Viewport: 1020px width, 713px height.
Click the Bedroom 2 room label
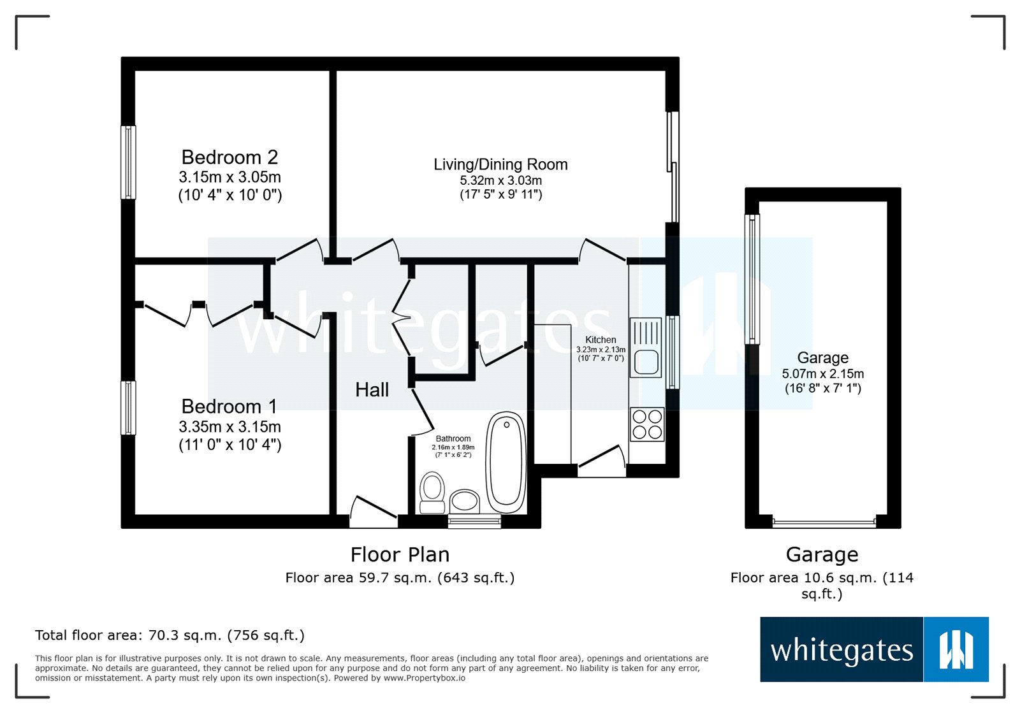pyautogui.click(x=229, y=157)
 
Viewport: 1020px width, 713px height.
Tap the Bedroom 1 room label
pyautogui.click(x=229, y=407)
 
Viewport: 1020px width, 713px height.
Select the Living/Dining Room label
pyautogui.click(x=500, y=164)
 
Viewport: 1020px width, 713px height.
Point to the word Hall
pyautogui.click(x=372, y=390)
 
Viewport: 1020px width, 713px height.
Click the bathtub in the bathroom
pyautogui.click(x=506, y=462)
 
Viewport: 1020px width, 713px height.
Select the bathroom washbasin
pyautogui.click(x=465, y=501)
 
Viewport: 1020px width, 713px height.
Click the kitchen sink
pyautogui.click(x=646, y=349)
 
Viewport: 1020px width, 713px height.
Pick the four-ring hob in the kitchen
pyautogui.click(x=647, y=424)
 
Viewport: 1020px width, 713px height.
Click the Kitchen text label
pyautogui.click(x=601, y=340)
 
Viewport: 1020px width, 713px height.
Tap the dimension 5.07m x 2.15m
pyautogui.click(x=822, y=374)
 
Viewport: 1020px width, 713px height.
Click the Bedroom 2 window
pyautogui.click(x=128, y=162)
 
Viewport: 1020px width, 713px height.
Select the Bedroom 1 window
pyautogui.click(x=128, y=408)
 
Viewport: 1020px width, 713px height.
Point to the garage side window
pyautogui.click(x=752, y=279)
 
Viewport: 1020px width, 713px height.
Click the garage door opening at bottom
pyautogui.click(x=824, y=523)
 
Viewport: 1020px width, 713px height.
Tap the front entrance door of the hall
pyautogui.click(x=373, y=513)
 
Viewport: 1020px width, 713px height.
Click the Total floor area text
pyautogui.click(x=170, y=635)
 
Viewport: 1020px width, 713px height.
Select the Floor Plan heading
pyautogui.click(x=400, y=555)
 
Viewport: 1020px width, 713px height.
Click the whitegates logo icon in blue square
pyautogui.click(x=955, y=649)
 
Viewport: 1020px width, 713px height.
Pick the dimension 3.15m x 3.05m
pyautogui.click(x=229, y=177)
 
